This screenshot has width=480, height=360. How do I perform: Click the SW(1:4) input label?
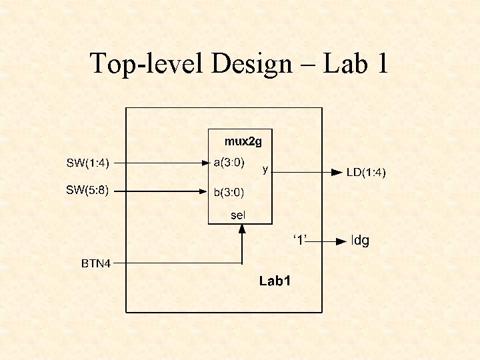pos(87,162)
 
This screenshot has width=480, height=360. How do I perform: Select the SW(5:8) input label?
pos(87,190)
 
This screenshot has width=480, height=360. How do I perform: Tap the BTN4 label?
pos(95,263)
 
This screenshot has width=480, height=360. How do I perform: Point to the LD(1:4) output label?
pos(366,173)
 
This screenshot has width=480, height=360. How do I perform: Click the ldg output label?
pos(360,241)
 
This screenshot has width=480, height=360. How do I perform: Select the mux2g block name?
pos(243,141)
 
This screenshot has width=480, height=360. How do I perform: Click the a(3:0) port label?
pos(229,162)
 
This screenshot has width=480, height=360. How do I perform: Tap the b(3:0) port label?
pos(229,193)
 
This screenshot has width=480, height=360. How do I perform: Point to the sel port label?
pos(238,215)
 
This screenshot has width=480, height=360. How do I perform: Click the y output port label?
pos(265,169)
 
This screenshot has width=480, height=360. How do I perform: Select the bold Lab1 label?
pos(275,281)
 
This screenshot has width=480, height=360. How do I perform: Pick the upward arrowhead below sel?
pos(242,229)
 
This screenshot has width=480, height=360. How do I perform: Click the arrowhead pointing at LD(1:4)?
pos(337,172)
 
